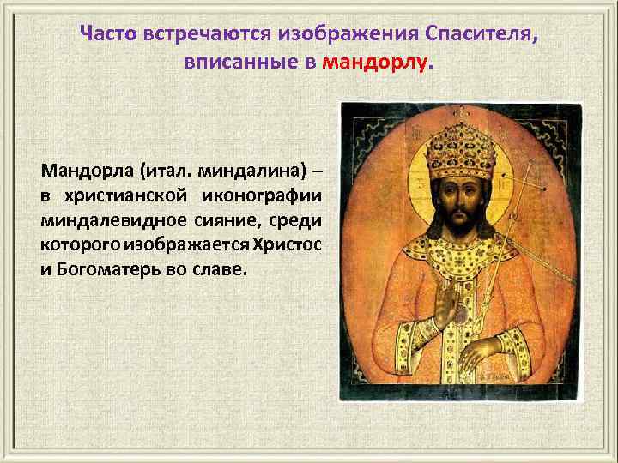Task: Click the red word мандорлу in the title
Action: pos(373,63)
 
